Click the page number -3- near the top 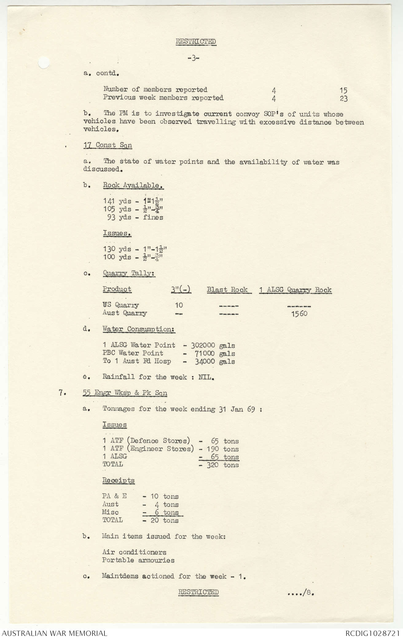coord(194,58)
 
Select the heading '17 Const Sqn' coord(108,145)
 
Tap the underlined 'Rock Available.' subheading coord(133,185)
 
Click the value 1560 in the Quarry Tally coord(299,314)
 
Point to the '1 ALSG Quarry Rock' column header coord(295,290)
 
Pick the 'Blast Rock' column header coord(227,289)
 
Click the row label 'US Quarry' coord(121,305)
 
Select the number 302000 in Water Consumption coord(203,345)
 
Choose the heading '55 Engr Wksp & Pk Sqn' coord(125,393)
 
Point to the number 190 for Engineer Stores coord(213,449)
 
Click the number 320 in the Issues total coord(213,465)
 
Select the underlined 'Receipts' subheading coord(118,480)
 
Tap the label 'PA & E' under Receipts coord(114,496)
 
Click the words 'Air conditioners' coord(134,552)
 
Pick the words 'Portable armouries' coord(138,560)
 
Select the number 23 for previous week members coord(343,99)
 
